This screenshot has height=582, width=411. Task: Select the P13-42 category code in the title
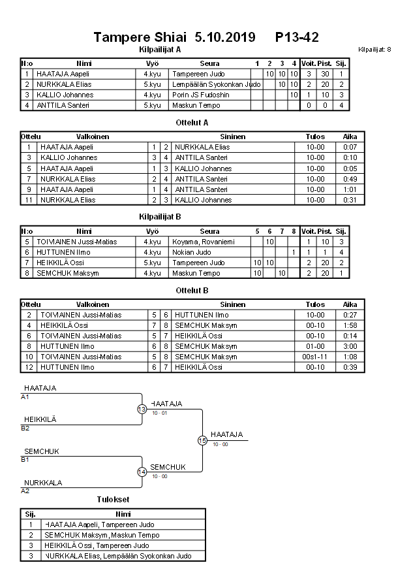coord(297,37)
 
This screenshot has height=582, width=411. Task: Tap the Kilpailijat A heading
coord(160,50)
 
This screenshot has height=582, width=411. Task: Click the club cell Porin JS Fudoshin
coord(201,95)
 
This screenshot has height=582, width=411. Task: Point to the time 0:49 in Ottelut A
coord(350,178)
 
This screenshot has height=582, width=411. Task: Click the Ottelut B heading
coord(192,290)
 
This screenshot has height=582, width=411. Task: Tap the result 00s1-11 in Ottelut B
coord(315,357)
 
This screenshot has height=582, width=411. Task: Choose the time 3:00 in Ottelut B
coord(350,346)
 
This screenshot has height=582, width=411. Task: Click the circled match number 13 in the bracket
coord(142,409)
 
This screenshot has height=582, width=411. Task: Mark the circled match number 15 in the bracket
coord(202,441)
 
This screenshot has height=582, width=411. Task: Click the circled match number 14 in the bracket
coord(142,472)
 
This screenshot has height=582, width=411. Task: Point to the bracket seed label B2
coord(25,428)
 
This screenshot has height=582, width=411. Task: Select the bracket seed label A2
coord(25,491)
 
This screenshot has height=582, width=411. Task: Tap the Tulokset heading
coord(114,500)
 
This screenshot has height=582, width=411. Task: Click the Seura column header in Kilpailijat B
coord(209,231)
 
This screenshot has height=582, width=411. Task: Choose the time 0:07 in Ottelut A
coord(350,147)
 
